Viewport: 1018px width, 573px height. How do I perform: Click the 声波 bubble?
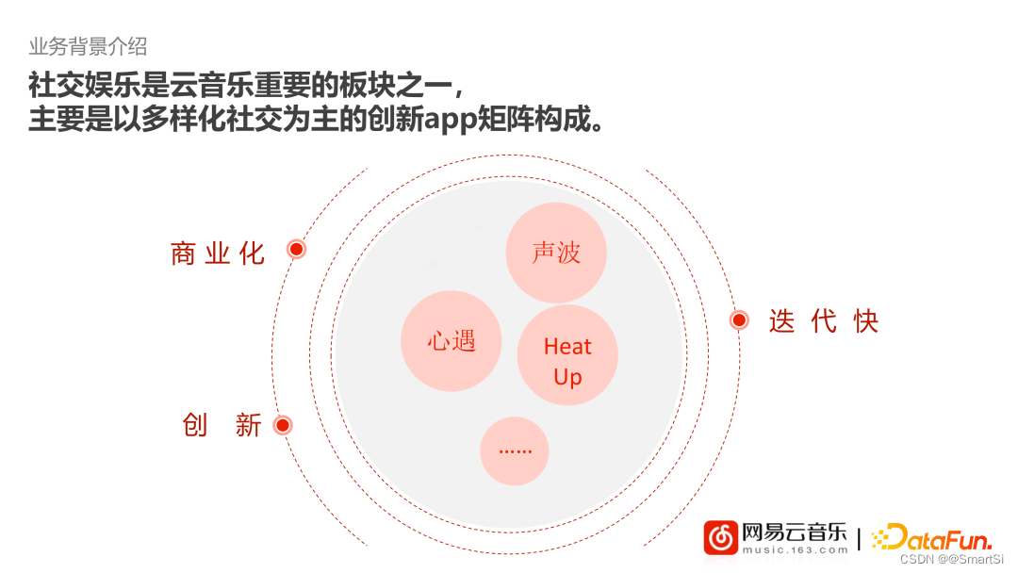tap(556, 253)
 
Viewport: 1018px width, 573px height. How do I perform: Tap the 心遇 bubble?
tap(452, 340)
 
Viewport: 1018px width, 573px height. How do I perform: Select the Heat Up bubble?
tap(567, 355)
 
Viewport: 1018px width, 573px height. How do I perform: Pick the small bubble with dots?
tap(515, 450)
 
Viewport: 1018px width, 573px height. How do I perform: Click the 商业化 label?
tap(218, 253)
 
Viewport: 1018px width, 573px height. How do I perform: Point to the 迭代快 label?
tap(824, 321)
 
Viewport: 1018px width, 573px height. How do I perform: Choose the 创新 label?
tap(222, 425)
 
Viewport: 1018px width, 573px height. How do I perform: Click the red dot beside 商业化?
tap(297, 249)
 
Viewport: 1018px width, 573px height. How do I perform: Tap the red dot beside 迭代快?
tap(740, 320)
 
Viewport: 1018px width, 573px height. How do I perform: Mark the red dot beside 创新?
tap(283, 425)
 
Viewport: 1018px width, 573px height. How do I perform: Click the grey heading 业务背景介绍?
tap(88, 46)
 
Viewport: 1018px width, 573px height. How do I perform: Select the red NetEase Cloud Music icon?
tap(721, 538)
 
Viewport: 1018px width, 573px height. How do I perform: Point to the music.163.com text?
tap(795, 549)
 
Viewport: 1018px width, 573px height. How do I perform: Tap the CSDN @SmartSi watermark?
tap(954, 560)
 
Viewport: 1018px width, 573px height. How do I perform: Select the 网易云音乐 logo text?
tap(795, 532)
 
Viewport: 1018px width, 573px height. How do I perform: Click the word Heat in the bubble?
tap(567, 347)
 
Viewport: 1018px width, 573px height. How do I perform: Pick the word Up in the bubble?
tap(567, 377)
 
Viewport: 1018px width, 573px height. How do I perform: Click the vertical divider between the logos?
tap(859, 540)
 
